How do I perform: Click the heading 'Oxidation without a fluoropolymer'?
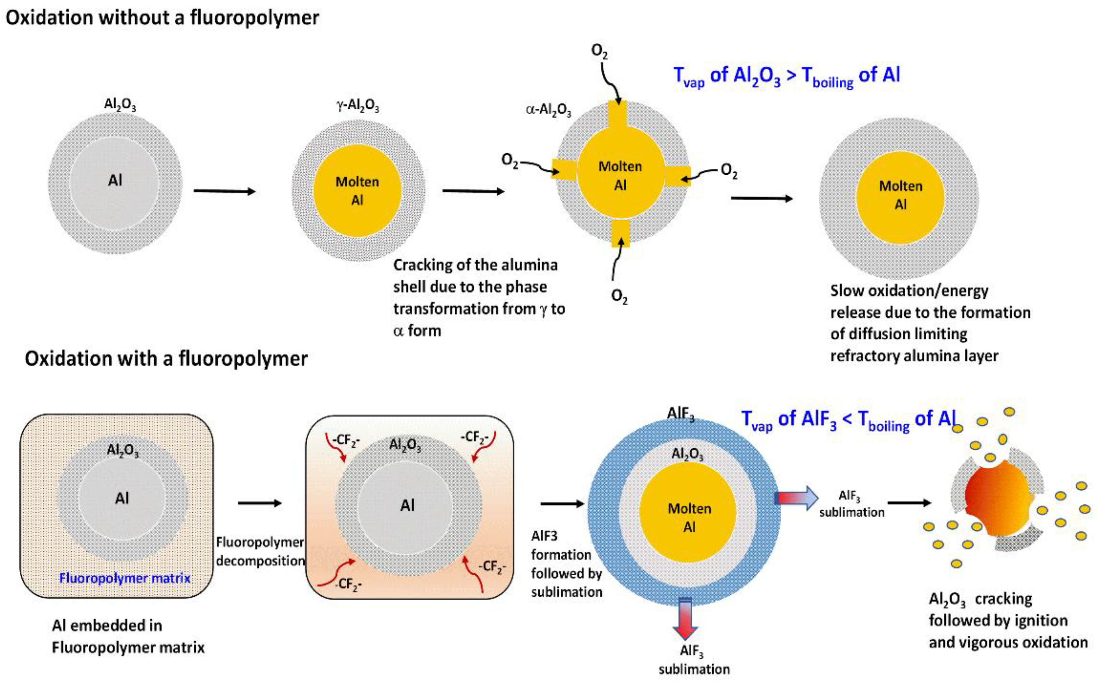pyautogui.click(x=162, y=18)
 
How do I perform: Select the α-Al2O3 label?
pyautogui.click(x=548, y=110)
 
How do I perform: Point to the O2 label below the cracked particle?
pyautogui.click(x=619, y=296)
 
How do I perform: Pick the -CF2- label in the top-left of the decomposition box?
pyautogui.click(x=346, y=440)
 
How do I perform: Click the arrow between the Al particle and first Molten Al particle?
pyautogui.click(x=224, y=191)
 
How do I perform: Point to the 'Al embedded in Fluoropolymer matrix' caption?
pyautogui.click(x=128, y=636)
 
